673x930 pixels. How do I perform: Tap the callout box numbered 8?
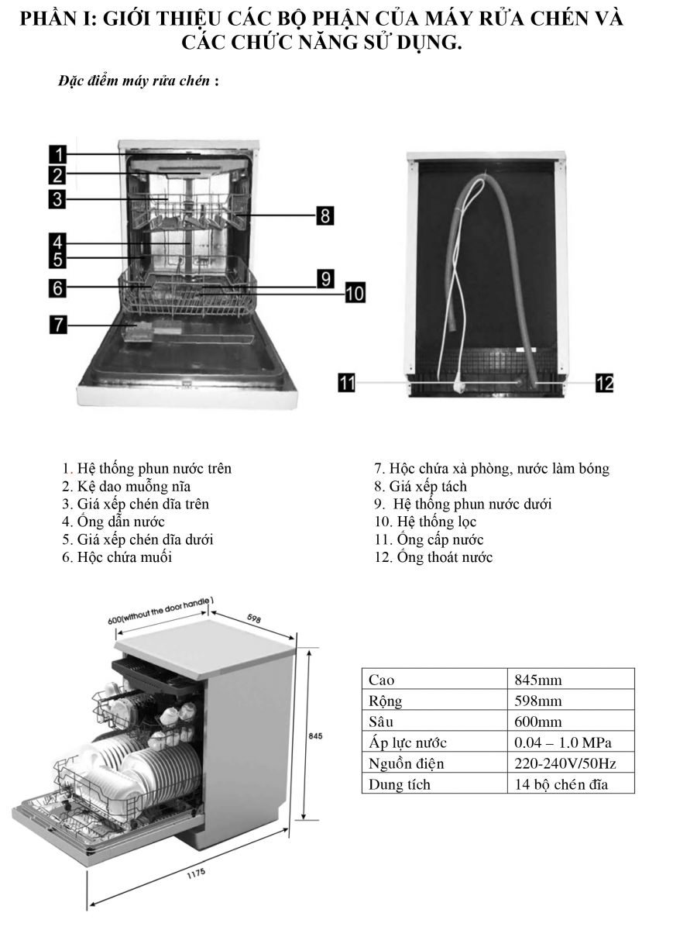point(325,215)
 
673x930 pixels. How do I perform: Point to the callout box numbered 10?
point(354,292)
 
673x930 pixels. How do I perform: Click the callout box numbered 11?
point(347,382)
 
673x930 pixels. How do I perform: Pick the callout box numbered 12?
point(604,382)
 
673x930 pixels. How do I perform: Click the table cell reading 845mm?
point(538,680)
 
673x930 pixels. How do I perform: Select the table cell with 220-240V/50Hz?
point(565,764)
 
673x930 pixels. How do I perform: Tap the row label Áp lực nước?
point(408,743)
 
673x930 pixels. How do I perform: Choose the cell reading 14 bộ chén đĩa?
point(561,785)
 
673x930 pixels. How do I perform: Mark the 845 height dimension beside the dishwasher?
point(315,735)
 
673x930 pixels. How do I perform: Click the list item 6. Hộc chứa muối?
point(118,558)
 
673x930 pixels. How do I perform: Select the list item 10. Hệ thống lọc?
point(425,522)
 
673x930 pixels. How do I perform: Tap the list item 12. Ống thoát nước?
point(433,558)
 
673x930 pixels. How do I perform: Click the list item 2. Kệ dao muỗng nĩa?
point(127,487)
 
